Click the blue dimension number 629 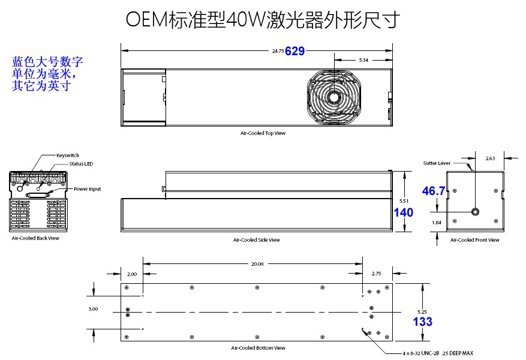(x=295, y=52)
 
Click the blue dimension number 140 (x=403, y=212)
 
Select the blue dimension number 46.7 (x=434, y=191)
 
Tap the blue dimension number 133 (x=422, y=322)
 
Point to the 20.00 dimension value (x=257, y=263)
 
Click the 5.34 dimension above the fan (x=363, y=60)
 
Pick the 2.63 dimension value (x=490, y=158)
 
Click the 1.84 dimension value (x=437, y=223)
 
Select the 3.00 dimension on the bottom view (x=92, y=309)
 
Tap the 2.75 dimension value (x=377, y=274)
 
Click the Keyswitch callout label (x=67, y=155)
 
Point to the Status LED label (x=81, y=163)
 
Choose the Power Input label (x=87, y=189)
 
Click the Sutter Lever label (x=436, y=163)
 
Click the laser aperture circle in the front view (x=475, y=211)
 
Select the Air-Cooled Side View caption (x=257, y=240)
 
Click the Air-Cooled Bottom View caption (x=258, y=348)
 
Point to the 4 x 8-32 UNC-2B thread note (x=438, y=353)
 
